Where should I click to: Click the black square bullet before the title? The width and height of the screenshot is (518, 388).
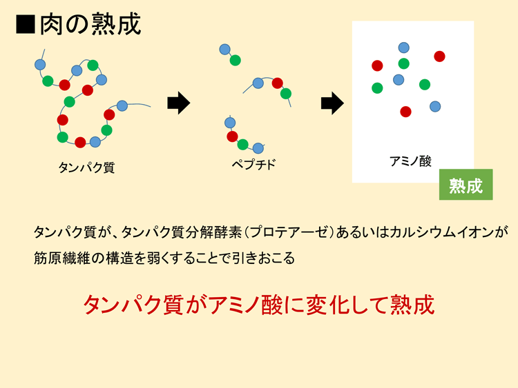point(25,24)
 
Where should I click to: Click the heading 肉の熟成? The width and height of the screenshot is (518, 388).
point(90,23)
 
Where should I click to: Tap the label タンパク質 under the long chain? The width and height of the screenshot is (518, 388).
point(86,167)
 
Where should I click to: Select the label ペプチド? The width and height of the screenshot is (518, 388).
point(253,164)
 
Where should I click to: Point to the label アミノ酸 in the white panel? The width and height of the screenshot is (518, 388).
point(411,161)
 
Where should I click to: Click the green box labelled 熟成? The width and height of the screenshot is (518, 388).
point(466,185)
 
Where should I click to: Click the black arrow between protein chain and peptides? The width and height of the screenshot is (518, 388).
point(179,103)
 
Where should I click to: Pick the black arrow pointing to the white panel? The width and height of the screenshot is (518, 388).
point(332,103)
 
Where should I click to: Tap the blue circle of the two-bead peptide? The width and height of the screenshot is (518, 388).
point(224,50)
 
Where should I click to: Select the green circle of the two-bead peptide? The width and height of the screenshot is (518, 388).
point(236,61)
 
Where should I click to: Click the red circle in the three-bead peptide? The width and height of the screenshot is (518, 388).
point(277,83)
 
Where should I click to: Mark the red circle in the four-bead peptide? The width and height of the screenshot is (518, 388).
point(232,136)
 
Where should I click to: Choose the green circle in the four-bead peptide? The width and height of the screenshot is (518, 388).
point(243,145)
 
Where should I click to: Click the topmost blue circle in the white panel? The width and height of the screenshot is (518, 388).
point(404,48)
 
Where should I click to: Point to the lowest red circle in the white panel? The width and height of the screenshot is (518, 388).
point(405,112)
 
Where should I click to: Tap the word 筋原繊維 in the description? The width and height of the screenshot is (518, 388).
point(61,258)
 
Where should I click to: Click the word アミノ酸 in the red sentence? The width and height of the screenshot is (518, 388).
point(246,305)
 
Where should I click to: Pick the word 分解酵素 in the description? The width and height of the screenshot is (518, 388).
point(213,232)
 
